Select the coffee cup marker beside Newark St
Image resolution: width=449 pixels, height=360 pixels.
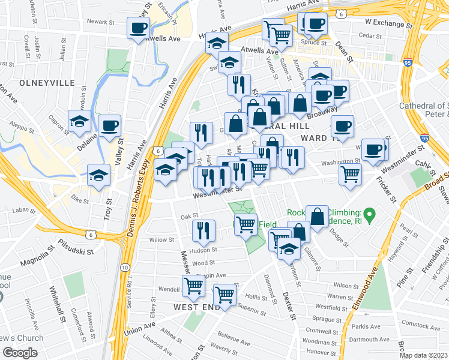click(138, 27)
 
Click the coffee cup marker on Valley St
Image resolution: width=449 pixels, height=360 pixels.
click(109, 125)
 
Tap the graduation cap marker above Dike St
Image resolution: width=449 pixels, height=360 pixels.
click(98, 175)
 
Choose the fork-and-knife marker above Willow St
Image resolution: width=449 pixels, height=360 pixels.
click(203, 229)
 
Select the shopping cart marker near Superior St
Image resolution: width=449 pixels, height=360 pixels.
click(224, 295)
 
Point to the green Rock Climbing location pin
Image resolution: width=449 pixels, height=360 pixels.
click(370, 213)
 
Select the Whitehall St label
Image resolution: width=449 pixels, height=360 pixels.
click(62, 305)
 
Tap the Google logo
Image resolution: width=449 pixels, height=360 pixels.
click(20, 353)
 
